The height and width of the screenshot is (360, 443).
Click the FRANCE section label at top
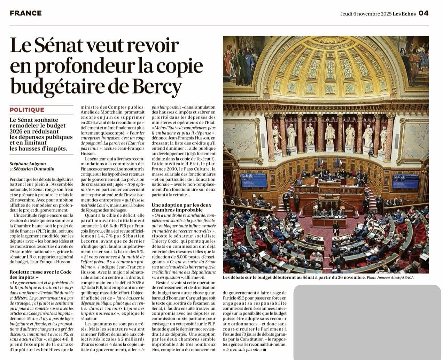(x=26, y=13)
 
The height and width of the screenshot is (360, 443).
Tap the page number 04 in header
(x=423, y=13)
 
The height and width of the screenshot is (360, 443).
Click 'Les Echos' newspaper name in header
(x=404, y=14)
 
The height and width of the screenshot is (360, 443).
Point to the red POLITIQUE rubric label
(x=27, y=110)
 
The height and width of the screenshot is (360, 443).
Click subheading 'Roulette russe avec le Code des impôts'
(x=40, y=275)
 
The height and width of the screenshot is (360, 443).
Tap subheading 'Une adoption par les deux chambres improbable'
(x=181, y=208)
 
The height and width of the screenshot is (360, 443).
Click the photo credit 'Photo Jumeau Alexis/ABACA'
(x=390, y=277)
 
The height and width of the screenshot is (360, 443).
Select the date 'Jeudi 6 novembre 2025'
(x=366, y=14)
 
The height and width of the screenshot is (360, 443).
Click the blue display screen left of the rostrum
(x=254, y=180)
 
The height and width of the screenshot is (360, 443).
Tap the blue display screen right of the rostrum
(x=405, y=181)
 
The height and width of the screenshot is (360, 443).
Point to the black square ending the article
(x=264, y=350)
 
